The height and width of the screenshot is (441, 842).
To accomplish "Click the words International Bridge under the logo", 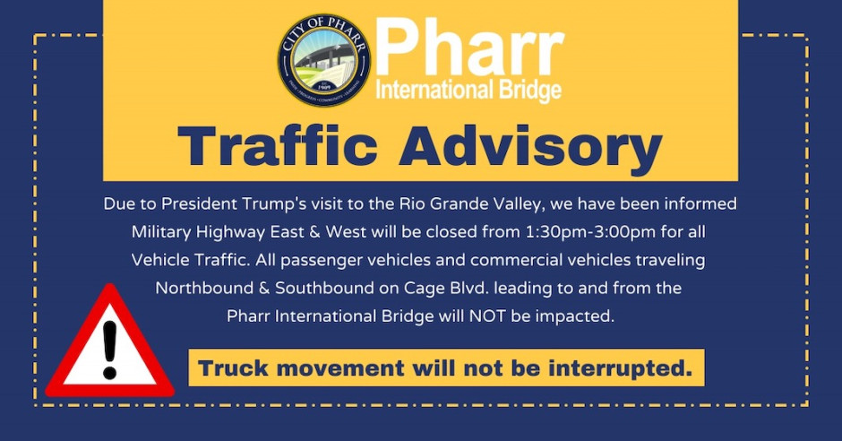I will [x=468, y=91].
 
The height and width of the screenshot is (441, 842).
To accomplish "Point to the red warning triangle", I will [x=109, y=345].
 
